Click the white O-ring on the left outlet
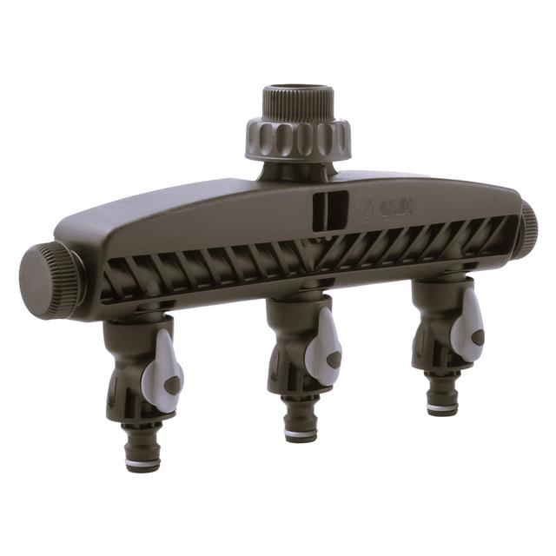tap(141, 464)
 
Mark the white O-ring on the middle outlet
tap(301, 434)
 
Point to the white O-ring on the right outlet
tap(444, 407)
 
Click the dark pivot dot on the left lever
tap(173, 383)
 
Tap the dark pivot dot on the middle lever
tap(334, 356)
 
